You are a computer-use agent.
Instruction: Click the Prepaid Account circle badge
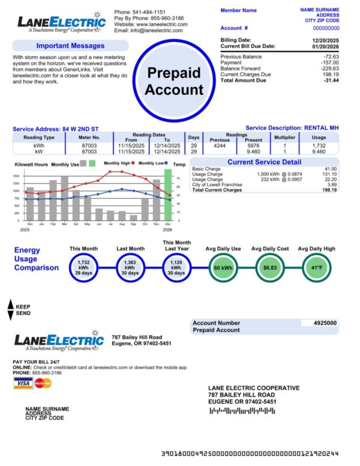pyautogui.click(x=175, y=82)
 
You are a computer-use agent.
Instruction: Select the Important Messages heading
pyautogui.click(x=70, y=46)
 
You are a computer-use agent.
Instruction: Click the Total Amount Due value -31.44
pyautogui.click(x=331, y=80)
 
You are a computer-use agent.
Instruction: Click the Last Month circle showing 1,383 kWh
pyautogui.click(x=130, y=267)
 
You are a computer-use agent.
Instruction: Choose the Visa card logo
pyautogui.click(x=23, y=383)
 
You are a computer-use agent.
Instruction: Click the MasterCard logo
pyautogui.click(x=43, y=383)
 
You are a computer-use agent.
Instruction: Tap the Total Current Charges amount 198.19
pyautogui.click(x=328, y=190)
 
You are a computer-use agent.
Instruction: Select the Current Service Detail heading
pyautogui.click(x=264, y=162)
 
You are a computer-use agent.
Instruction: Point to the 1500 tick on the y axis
pyautogui.click(x=16, y=177)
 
